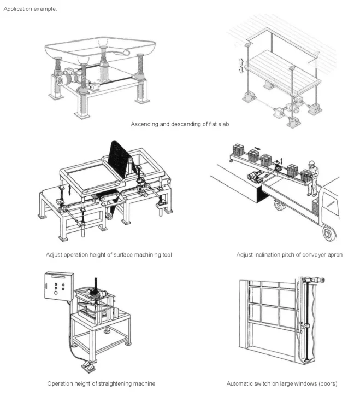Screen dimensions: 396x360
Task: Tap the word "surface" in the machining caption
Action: point(121,255)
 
